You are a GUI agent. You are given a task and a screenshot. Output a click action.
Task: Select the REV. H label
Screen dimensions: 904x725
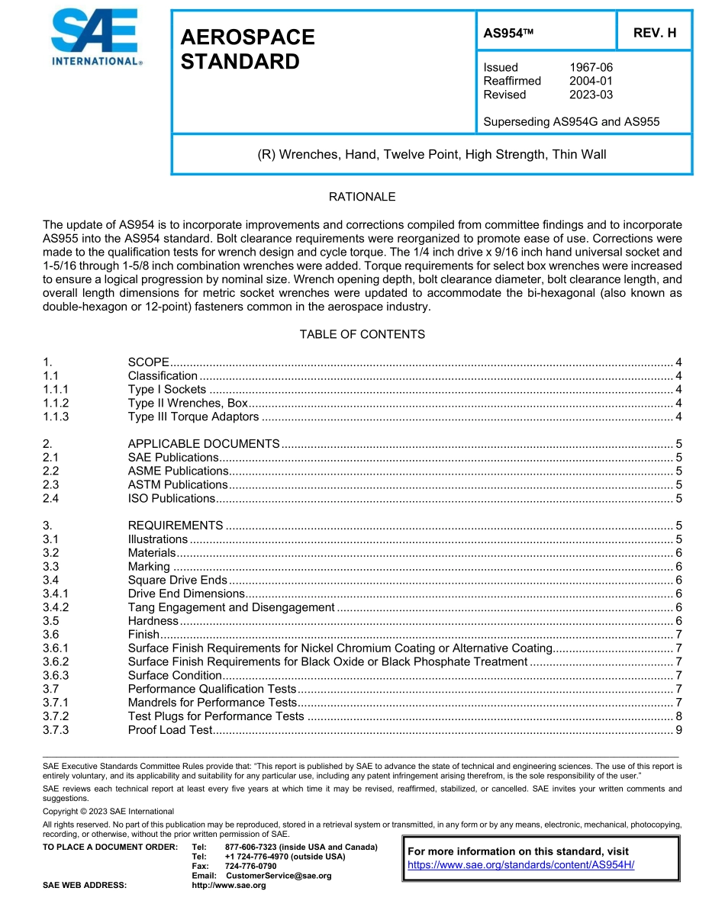pos(654,34)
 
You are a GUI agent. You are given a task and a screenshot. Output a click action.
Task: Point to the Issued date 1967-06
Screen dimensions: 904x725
pos(591,67)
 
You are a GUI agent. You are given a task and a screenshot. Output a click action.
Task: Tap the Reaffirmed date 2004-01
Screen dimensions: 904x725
pos(591,81)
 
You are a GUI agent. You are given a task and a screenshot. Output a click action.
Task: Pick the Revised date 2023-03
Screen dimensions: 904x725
pos(591,95)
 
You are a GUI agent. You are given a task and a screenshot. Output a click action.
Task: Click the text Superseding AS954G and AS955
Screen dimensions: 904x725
pos(572,121)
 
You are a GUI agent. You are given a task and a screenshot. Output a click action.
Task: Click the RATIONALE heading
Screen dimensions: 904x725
pos(362,197)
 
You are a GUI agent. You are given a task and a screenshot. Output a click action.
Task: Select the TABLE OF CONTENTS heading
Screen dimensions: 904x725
pos(362,334)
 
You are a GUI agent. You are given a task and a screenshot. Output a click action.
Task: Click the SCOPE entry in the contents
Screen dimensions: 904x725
pos(148,362)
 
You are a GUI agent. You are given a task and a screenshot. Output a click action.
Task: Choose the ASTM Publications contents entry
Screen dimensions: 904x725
pos(177,484)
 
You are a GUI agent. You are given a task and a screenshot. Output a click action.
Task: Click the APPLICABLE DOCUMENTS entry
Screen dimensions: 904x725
pos(203,444)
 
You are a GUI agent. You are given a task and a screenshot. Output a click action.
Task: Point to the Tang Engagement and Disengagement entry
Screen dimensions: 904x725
pos(231,607)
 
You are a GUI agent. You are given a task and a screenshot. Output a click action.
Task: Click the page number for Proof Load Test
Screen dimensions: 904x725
pos(678,730)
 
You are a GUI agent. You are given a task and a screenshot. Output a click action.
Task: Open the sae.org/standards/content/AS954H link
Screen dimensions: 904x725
pos(520,864)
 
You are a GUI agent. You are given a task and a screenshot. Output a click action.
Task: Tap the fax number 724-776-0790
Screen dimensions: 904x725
pos(250,867)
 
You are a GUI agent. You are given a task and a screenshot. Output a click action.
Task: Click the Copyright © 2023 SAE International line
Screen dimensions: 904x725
pos(108,811)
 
